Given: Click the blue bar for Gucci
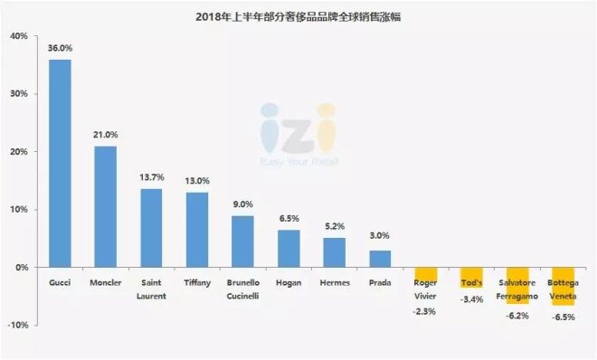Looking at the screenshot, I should [60, 164].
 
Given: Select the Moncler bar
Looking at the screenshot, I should [106, 206].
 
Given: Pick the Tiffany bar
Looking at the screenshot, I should [197, 230].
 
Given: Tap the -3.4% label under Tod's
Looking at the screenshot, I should [472, 299].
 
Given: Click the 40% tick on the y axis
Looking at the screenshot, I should [18, 36].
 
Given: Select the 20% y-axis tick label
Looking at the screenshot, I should [18, 152].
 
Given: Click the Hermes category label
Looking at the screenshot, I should [335, 282].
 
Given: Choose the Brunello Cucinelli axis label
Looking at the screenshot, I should [243, 288].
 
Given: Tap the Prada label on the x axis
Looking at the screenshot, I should [381, 282].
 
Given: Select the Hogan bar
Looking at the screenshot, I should [289, 249].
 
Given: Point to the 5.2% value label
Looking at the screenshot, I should [335, 227].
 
